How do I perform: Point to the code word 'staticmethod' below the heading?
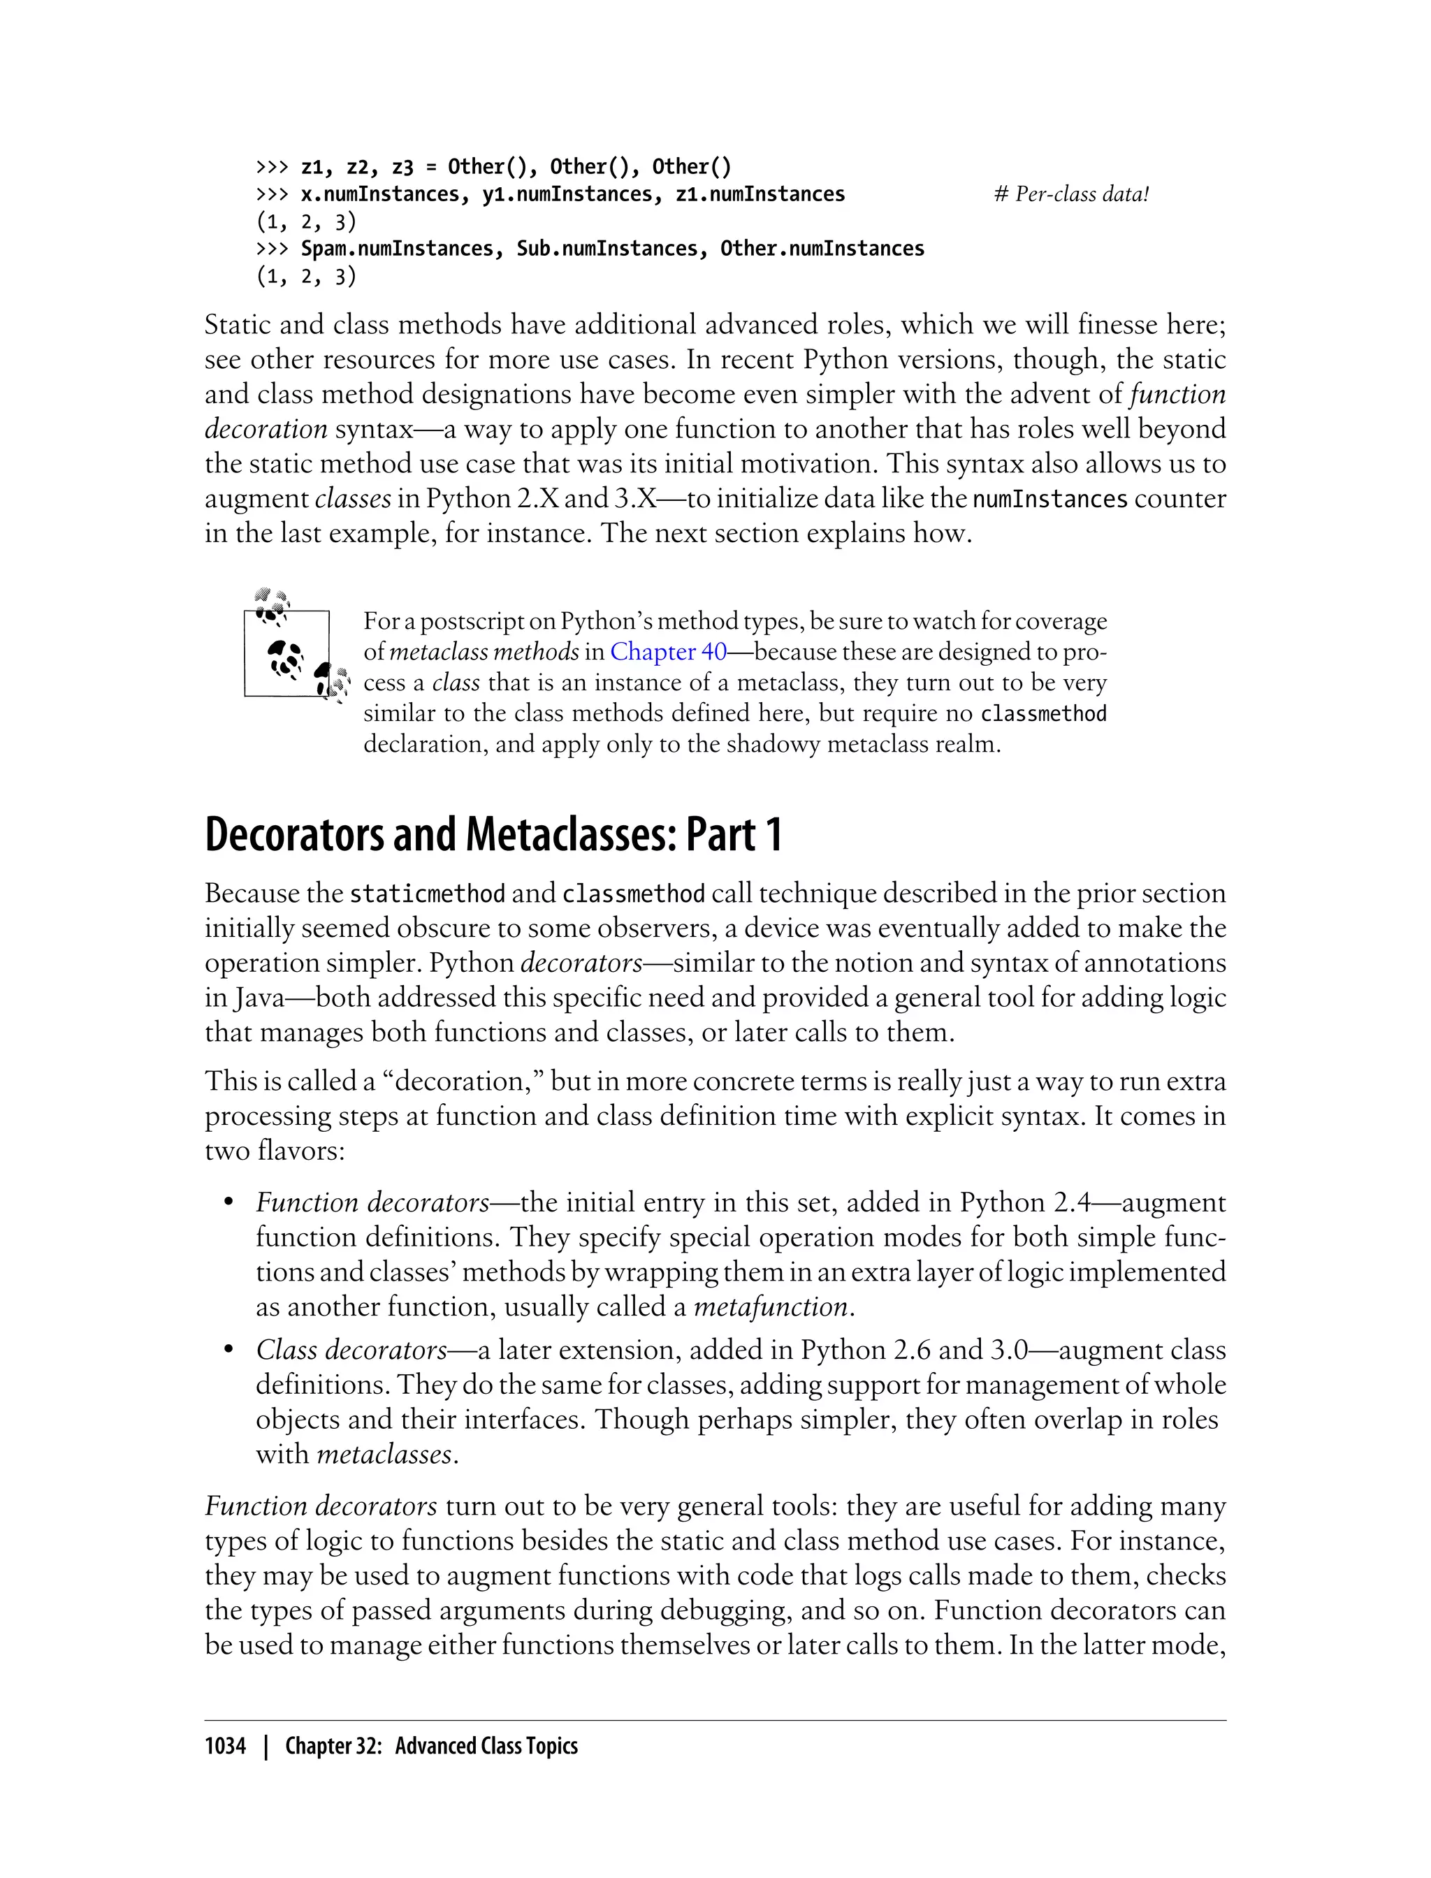(x=428, y=894)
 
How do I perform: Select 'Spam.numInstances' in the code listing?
(x=397, y=249)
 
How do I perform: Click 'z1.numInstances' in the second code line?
(x=760, y=194)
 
